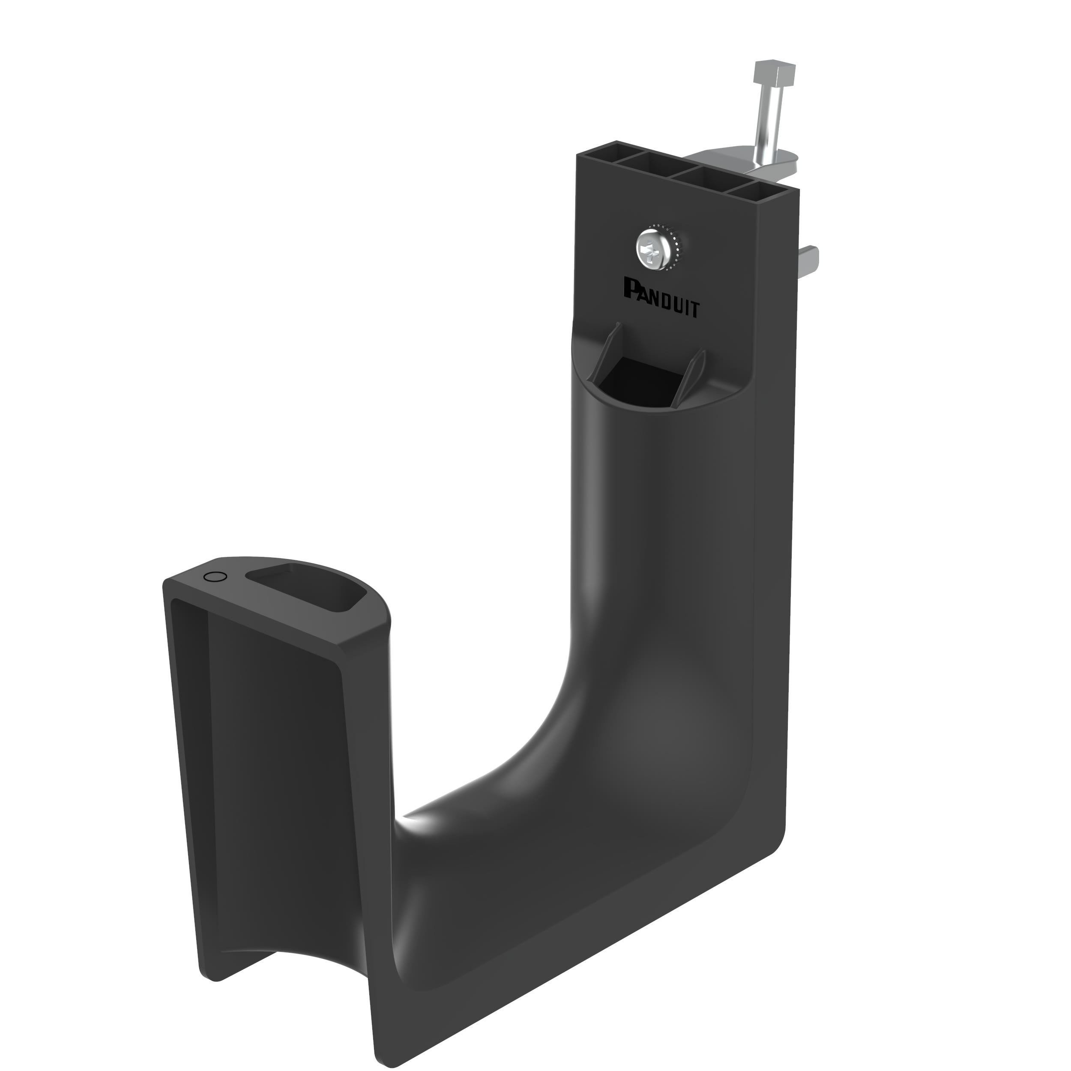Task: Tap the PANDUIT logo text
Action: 661,298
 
